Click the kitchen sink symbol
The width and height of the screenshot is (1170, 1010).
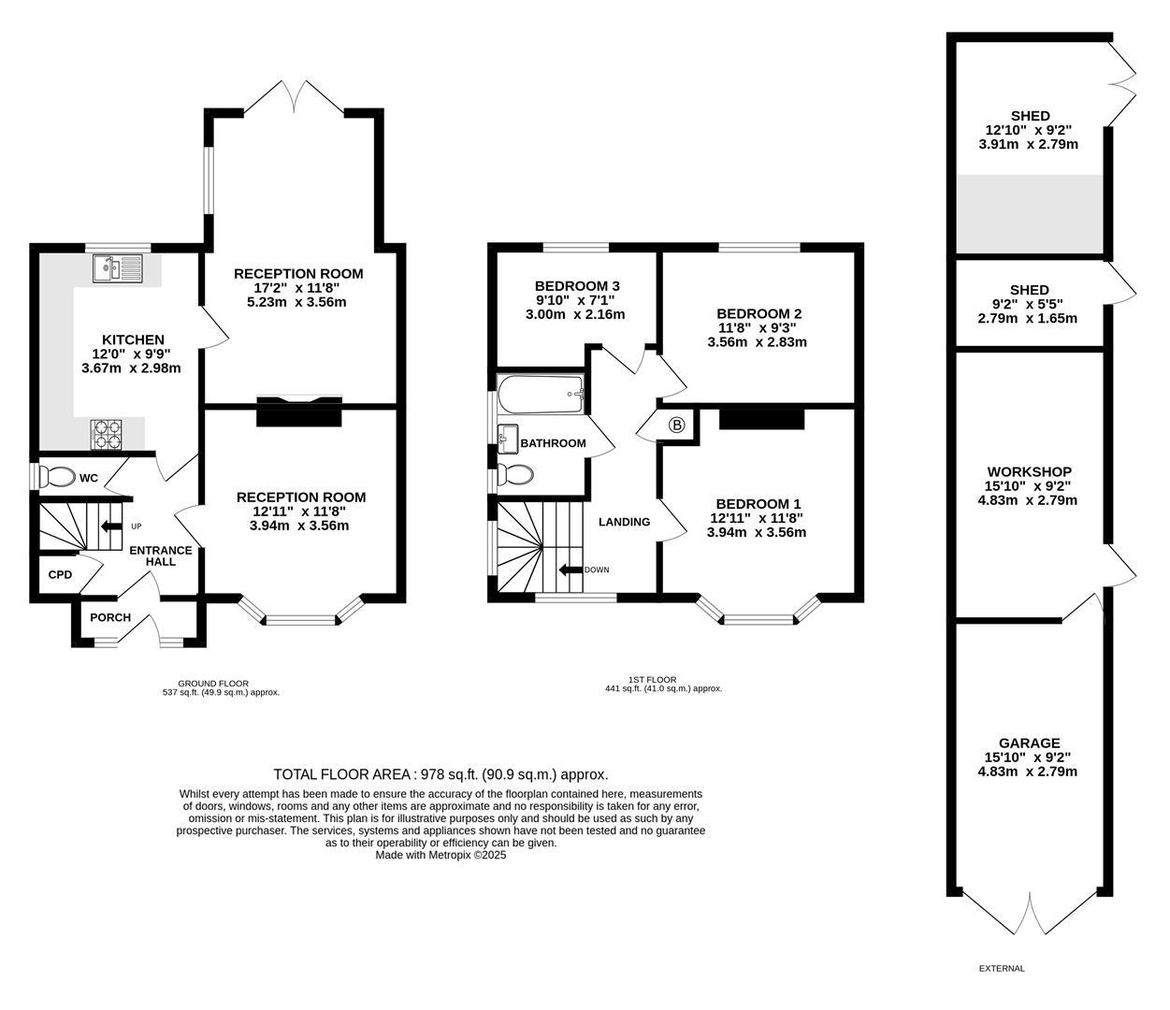(x=118, y=268)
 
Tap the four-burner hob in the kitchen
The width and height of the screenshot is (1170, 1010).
(x=107, y=434)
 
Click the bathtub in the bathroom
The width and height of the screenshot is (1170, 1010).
(x=541, y=395)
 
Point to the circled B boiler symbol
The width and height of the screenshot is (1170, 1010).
(x=676, y=425)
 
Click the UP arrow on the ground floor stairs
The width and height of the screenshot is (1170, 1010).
(x=111, y=527)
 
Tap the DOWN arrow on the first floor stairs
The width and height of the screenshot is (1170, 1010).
(x=571, y=570)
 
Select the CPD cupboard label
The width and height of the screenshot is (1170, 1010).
(x=60, y=575)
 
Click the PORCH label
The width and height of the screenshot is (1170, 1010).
(x=110, y=617)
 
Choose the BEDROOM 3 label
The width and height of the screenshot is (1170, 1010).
(x=577, y=286)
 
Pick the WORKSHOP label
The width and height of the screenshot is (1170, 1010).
(x=1029, y=472)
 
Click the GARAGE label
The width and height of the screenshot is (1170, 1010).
(x=1029, y=743)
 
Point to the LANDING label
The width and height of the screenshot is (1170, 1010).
(x=625, y=522)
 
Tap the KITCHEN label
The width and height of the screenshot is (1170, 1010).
(x=133, y=339)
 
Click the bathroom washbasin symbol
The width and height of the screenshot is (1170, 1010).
(x=508, y=440)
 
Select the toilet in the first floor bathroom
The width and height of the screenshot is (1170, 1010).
(x=515, y=474)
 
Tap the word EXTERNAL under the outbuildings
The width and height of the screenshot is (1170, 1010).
(x=1002, y=969)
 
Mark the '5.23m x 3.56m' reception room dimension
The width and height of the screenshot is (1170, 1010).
(x=296, y=302)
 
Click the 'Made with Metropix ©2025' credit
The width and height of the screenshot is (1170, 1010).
(x=441, y=855)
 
